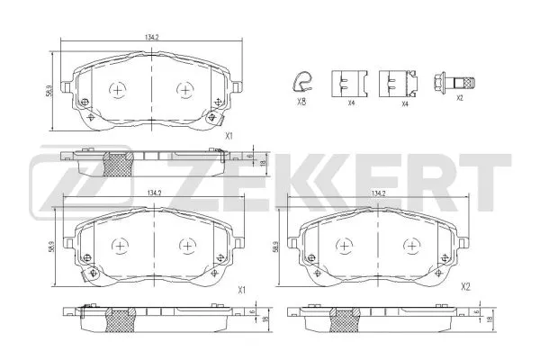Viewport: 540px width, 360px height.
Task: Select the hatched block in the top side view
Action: (x=118, y=163)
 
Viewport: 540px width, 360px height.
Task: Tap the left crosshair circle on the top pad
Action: (x=118, y=90)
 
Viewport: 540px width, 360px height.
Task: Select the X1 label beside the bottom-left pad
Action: (x=240, y=290)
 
